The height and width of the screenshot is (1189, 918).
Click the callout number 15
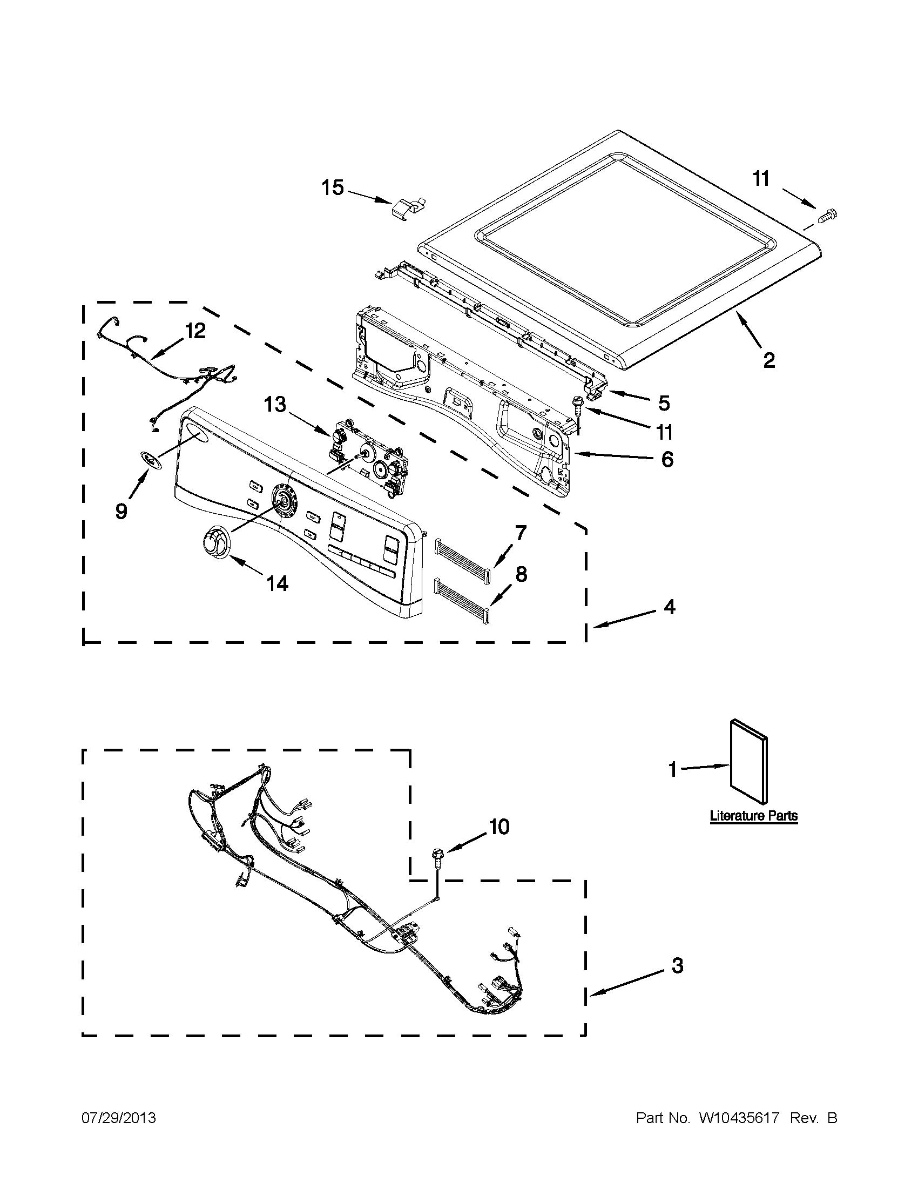332,188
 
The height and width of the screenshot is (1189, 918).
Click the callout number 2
768,360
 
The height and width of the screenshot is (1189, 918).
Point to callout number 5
664,404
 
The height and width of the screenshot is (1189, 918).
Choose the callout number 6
667,459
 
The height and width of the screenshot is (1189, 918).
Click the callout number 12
195,331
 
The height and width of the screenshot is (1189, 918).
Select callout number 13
275,405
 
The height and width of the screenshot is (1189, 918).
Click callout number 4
669,607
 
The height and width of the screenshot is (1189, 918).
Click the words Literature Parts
754,831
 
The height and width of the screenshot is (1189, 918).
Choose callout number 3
677,965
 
